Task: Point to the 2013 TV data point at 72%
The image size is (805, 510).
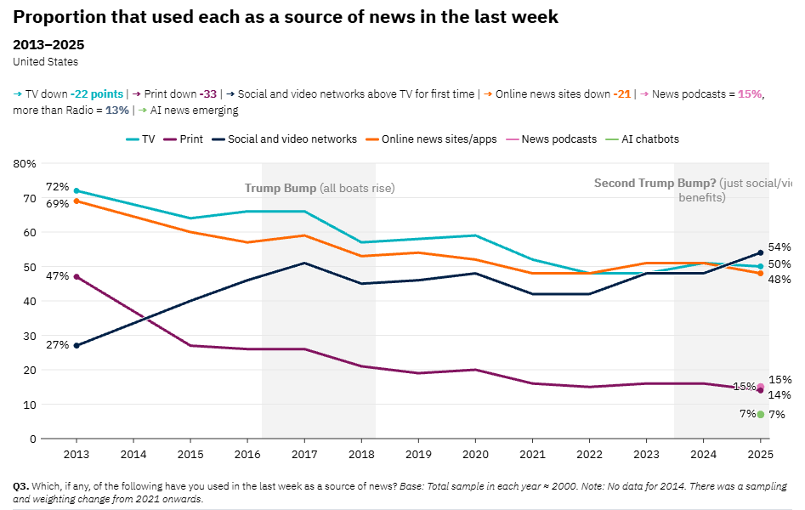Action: click(77, 190)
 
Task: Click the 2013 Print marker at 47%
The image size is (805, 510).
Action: click(77, 277)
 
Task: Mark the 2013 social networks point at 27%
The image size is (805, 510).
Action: click(77, 346)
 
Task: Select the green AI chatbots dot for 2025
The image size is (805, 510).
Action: click(761, 415)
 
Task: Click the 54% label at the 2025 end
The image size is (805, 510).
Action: click(779, 247)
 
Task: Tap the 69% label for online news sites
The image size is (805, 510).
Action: click(58, 204)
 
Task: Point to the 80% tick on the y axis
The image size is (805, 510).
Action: click(26, 163)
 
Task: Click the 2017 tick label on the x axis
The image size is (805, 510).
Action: click(304, 454)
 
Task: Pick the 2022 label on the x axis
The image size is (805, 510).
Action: click(589, 454)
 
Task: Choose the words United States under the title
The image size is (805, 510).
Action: click(46, 61)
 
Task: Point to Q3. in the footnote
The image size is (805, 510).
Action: click(21, 486)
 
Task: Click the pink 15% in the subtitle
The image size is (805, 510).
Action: click(750, 94)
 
